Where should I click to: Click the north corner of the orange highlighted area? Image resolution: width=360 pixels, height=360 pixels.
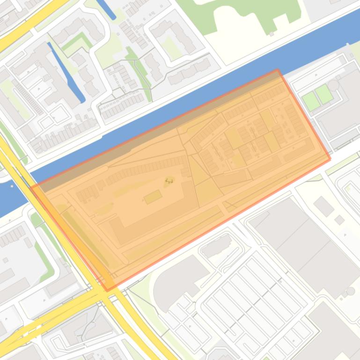tap(278, 70)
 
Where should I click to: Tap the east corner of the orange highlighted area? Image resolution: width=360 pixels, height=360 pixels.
tap(331, 159)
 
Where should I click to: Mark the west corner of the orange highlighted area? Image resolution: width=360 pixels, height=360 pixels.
tap(31, 187)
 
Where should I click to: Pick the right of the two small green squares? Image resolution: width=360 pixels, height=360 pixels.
tap(324, 94)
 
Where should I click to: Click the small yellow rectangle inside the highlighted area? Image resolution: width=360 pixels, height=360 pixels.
tap(153, 197)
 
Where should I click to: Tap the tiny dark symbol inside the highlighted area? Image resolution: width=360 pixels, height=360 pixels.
tap(169, 180)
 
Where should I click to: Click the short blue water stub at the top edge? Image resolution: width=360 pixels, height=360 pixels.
tap(105, 8)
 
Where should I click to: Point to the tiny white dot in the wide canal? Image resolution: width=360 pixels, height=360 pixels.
tap(12, 185)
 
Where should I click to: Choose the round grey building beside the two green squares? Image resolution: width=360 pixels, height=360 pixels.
tap(333, 85)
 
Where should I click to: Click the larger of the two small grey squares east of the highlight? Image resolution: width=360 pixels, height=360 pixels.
tap(323, 206)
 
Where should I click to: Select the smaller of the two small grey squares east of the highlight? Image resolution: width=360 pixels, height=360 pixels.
tap(340, 219)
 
